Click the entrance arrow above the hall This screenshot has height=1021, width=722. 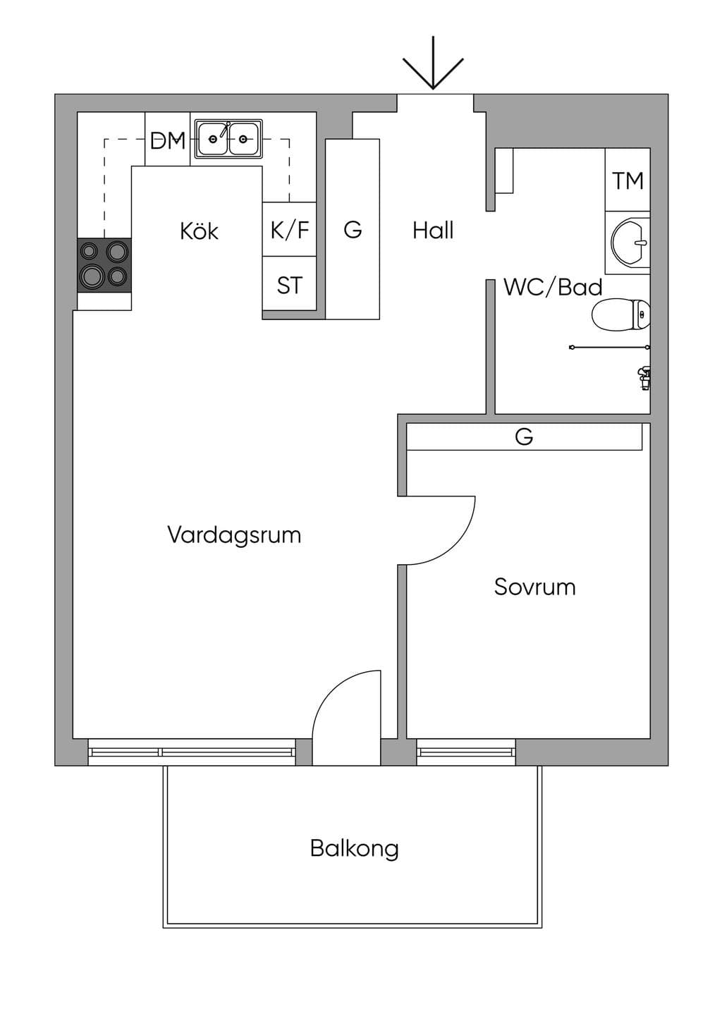pos(433,63)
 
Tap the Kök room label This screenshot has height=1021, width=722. pos(200,231)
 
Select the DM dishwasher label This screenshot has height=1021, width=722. pos(168,140)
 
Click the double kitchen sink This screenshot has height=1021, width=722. pos(228,139)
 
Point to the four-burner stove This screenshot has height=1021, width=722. pos(104,265)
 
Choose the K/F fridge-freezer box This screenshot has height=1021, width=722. pos(290,229)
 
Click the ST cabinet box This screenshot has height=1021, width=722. pos(290,283)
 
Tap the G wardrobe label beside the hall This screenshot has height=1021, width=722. pos(353,229)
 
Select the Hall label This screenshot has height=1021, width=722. pos(433,231)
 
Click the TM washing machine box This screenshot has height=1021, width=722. pos(628,180)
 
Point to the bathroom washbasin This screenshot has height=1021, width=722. pos(630,243)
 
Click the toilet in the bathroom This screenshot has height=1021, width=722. pos(620,314)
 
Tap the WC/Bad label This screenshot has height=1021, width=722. pos(553,287)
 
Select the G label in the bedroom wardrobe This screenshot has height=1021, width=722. pos(524,436)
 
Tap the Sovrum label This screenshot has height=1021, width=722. pos(534,587)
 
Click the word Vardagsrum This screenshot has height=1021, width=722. pos(234,534)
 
